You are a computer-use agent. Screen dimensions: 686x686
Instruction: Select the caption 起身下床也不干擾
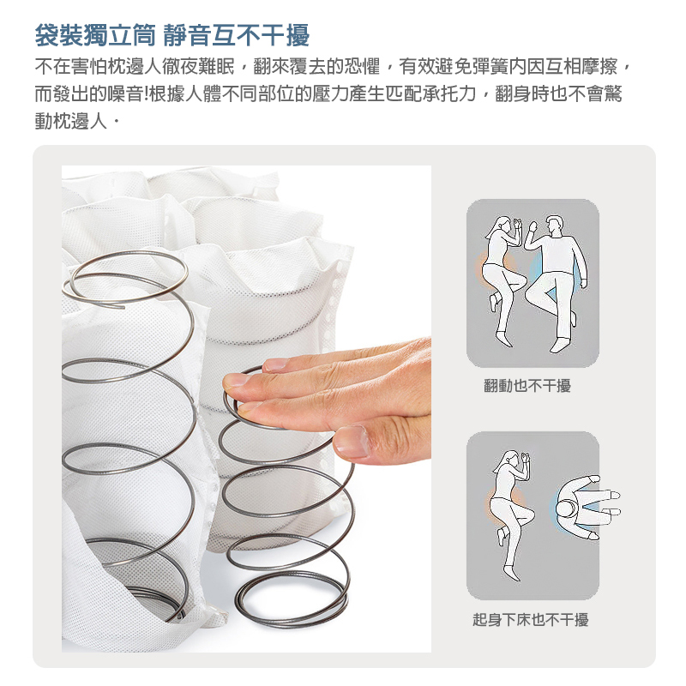531,620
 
